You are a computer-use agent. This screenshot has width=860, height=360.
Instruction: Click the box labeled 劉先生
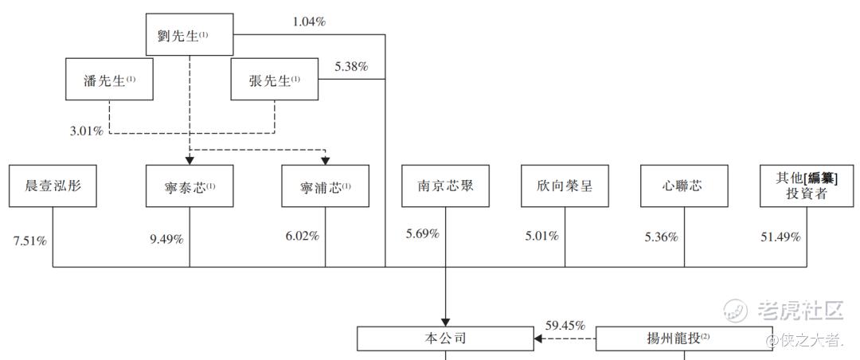[190, 34]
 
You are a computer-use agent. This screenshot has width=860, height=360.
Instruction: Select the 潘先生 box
[109, 80]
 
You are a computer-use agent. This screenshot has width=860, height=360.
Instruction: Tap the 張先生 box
[274, 80]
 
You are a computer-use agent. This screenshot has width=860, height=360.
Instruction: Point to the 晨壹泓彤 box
[53, 186]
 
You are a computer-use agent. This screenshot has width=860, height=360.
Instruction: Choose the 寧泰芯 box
[190, 186]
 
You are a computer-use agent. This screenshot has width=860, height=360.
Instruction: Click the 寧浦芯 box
[325, 186]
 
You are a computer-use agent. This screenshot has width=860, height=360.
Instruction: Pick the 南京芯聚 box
[445, 186]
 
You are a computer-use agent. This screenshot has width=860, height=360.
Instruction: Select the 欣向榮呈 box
[565, 186]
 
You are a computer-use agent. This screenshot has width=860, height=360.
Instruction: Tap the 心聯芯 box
[685, 186]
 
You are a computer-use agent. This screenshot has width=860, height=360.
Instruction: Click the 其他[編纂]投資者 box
[807, 186]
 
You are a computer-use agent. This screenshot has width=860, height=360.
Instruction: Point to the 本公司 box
[445, 338]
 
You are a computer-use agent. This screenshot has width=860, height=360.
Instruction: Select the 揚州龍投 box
[684, 338]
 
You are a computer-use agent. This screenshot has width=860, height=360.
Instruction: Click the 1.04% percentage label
[309, 22]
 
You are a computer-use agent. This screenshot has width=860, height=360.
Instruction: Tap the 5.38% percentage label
[352, 67]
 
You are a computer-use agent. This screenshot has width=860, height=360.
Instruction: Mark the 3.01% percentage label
[86, 131]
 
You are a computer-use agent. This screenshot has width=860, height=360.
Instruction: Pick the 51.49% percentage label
[780, 237]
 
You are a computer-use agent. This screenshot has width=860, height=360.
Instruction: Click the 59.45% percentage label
[565, 325]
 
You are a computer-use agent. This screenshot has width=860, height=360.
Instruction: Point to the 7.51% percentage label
[29, 241]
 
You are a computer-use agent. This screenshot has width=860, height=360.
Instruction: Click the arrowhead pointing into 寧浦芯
[325, 161]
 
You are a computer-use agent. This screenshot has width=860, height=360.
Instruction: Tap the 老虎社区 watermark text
[800, 311]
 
